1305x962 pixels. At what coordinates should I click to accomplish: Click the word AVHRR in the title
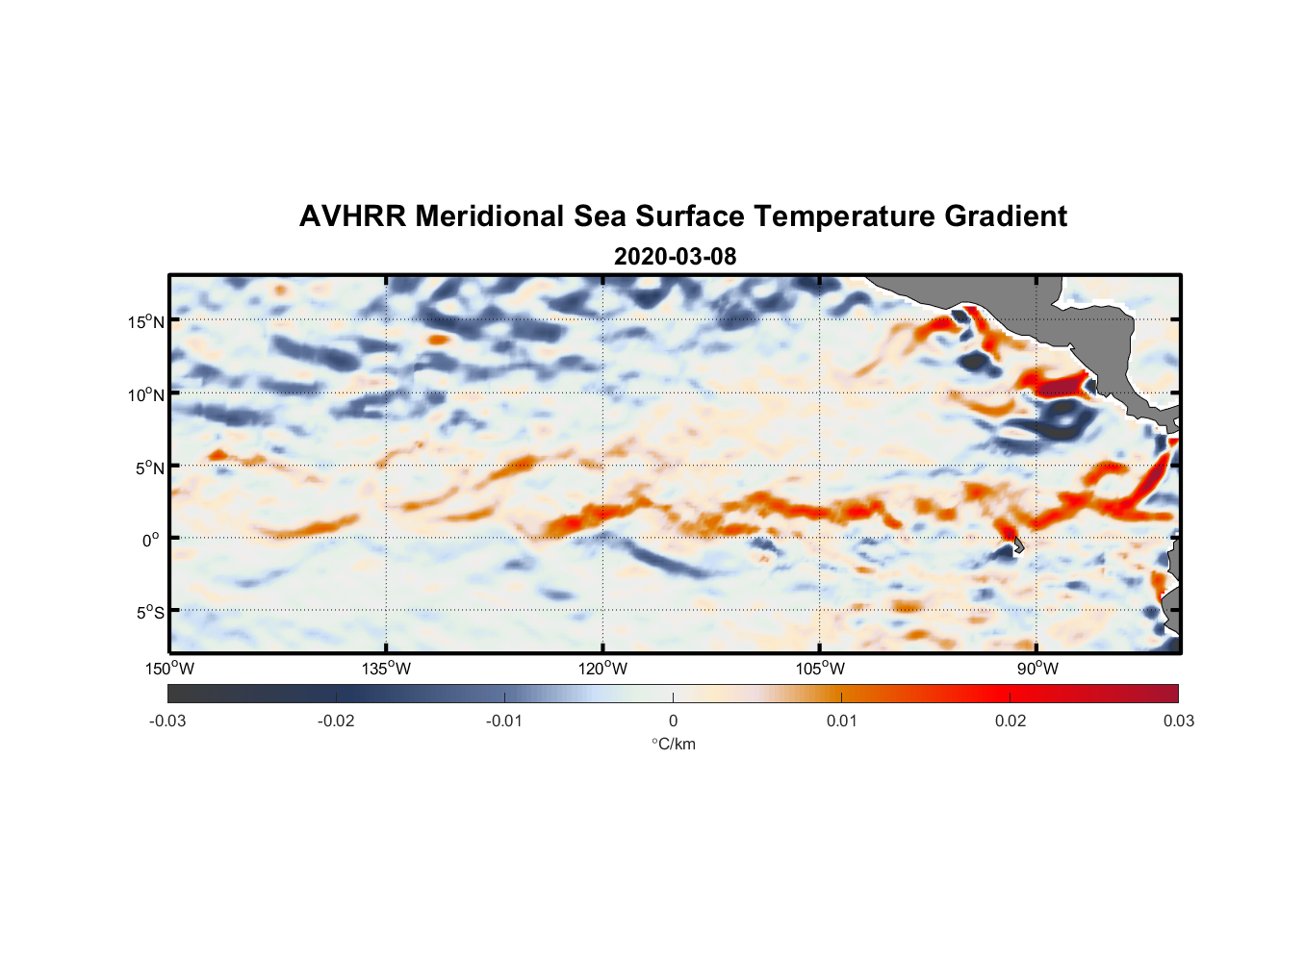pos(352,216)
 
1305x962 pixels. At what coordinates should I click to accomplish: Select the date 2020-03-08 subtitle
pos(675,257)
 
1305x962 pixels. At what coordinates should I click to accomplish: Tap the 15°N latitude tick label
pos(146,321)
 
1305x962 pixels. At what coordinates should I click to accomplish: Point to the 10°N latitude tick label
pos(146,394)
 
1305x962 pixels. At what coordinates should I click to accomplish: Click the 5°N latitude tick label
pos(149,468)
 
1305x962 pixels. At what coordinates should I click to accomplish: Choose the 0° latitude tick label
pos(152,540)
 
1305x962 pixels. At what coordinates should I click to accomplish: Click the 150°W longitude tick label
pos(170,669)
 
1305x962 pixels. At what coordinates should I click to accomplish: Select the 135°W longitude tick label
pos(387,669)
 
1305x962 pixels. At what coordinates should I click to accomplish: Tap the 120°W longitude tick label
pos(603,669)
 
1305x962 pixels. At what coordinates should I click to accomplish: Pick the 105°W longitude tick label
pos(820,669)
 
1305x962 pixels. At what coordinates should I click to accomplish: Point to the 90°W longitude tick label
pos(1037,669)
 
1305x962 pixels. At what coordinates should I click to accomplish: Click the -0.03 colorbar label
pos(167,721)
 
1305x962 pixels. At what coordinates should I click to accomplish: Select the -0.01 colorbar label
pos(504,721)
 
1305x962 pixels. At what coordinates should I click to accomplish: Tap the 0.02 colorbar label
pos(1011,721)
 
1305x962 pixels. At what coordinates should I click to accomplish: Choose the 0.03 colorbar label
pos(1178,721)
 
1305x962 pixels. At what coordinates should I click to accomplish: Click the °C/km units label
pos(674,744)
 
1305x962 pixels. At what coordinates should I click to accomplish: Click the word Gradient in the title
pos(1005,216)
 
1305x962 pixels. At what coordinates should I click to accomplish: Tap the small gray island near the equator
pos(1018,547)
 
